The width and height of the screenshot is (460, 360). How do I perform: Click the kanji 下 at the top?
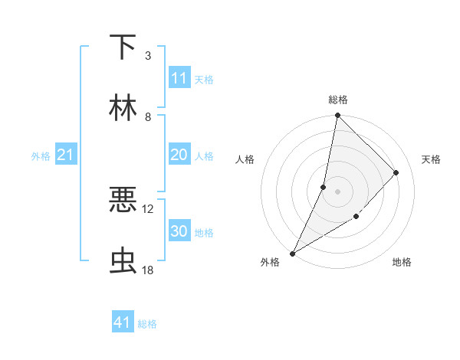click(123, 47)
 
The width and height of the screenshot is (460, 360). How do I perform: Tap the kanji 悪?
click(123, 201)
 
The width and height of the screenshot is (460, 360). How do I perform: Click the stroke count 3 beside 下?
click(148, 55)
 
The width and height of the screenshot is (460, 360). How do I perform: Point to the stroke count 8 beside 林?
click(148, 116)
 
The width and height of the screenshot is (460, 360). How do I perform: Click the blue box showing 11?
click(179, 78)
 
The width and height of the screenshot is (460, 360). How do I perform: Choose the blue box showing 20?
click(179, 155)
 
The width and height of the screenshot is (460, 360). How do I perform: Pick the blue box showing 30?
click(179, 231)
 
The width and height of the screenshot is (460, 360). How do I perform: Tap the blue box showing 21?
click(65, 155)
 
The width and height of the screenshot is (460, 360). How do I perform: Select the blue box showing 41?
click(123, 322)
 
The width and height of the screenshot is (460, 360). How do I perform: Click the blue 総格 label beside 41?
click(147, 324)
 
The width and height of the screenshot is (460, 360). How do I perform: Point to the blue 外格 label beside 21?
click(41, 156)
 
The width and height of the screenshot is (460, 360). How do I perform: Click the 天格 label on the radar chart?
click(431, 159)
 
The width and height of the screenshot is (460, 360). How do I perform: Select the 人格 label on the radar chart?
click(245, 159)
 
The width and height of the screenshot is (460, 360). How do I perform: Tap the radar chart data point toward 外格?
click(292, 254)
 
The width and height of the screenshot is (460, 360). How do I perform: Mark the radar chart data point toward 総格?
click(337, 115)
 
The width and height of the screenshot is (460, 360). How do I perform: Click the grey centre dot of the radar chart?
click(337, 191)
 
